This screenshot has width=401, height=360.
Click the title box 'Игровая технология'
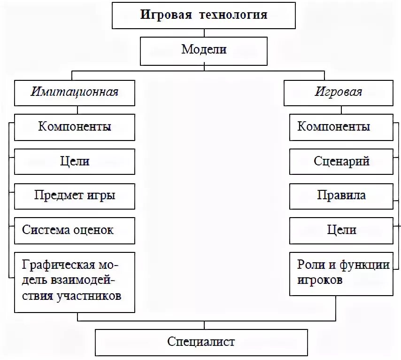204,15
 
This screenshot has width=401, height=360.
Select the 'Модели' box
204,50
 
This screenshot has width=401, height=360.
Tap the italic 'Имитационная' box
75,92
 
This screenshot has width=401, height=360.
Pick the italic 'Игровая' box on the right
338,92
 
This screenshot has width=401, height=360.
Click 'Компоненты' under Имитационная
75,127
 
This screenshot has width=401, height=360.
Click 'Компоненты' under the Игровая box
341,127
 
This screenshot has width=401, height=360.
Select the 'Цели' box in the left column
75,162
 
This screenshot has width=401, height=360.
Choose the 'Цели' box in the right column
341,231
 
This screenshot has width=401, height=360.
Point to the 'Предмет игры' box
75,196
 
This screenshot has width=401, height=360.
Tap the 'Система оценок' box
75,231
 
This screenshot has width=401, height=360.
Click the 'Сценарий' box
341,162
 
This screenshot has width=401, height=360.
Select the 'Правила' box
341,196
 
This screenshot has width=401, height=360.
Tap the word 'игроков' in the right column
320,281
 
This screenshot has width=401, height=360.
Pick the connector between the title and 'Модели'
204,33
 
